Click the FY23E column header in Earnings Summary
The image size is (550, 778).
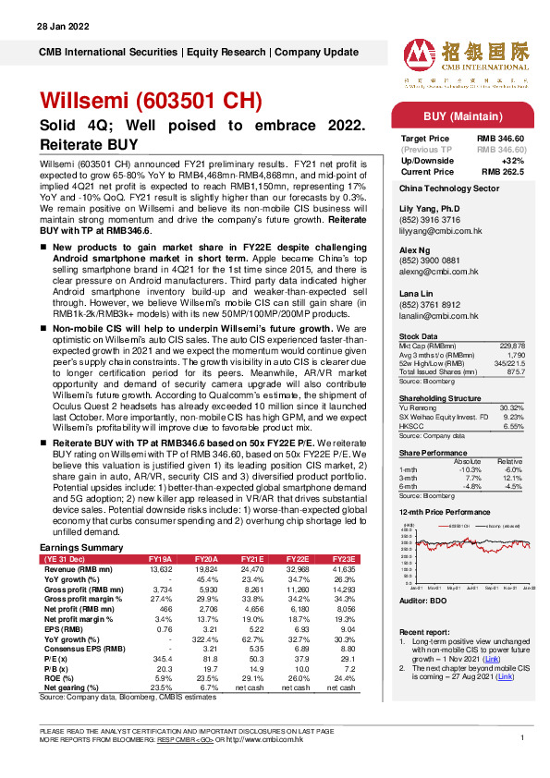pyautogui.click(x=345, y=560)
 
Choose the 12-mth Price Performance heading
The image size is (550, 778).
pyautogui.click(x=445, y=511)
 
